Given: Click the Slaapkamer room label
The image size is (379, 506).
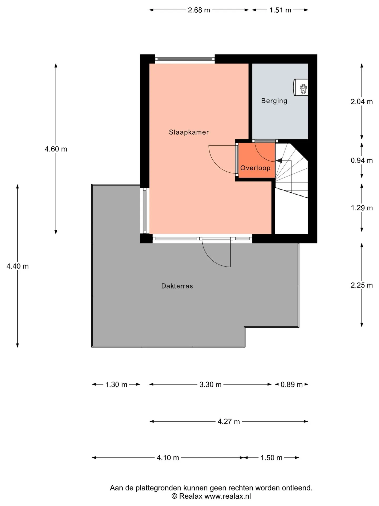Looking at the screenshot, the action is pos(189,132).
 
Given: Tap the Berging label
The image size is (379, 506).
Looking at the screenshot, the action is pos(274,101).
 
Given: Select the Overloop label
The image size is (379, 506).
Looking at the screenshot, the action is pos(255,168).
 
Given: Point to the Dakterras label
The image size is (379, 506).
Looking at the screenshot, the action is pos(177,286).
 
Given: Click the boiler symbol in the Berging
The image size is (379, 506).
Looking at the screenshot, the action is pos(301,87).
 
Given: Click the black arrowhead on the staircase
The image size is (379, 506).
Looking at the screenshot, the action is pos(279,160).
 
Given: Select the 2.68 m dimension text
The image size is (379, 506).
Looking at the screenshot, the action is pos(199,10).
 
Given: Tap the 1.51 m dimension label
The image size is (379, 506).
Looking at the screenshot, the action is pos(280,10).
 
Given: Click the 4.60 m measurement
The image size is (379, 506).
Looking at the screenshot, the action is pos(56,149).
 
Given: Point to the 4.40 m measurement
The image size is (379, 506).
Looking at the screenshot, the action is pos(18,266).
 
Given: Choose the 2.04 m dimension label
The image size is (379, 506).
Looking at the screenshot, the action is pos(362,102).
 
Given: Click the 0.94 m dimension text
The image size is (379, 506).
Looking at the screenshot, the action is pos(362,160).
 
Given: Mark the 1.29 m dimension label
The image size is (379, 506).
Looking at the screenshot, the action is pos(362,208).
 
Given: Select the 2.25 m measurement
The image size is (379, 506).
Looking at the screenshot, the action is pos(362,285).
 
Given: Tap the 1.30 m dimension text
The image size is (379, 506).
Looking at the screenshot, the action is pos(116,385).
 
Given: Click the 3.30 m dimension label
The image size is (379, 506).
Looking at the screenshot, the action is pos(210,385).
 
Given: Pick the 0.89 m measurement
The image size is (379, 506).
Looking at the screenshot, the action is pos(292,385).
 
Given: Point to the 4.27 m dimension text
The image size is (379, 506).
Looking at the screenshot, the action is pos(229,422).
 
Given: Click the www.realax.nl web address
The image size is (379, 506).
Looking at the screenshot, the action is pos(228,496).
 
